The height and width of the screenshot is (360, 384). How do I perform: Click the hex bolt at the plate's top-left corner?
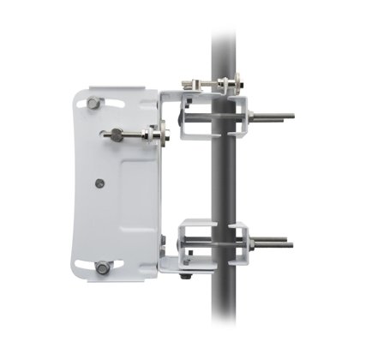pyautogui.click(x=93, y=103)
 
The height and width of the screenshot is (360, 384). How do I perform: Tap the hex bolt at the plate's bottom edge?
pyautogui.click(x=103, y=267)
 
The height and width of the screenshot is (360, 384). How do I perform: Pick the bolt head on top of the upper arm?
pyautogui.click(x=189, y=84)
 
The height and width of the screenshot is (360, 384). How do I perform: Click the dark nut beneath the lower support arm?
pyautogui.click(x=186, y=276)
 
